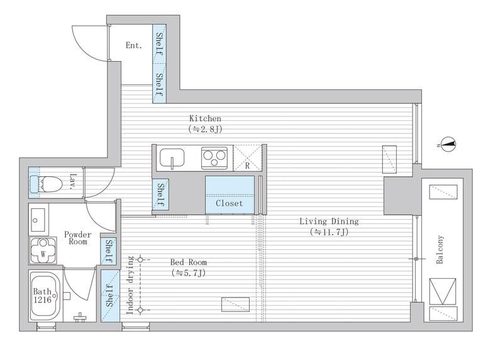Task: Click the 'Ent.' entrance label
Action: pyautogui.click(x=133, y=45)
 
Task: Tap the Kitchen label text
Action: pyautogui.click(x=205, y=118)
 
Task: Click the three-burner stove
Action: pyautogui.click(x=214, y=158)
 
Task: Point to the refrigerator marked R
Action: pyautogui.click(x=247, y=158)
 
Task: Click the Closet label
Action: pyautogui.click(x=229, y=203)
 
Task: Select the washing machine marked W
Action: pyautogui.click(x=43, y=250)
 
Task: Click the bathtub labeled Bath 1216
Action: pyautogui.click(x=45, y=296)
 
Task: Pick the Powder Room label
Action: pyautogui.click(x=77, y=238)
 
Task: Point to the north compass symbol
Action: pyautogui.click(x=448, y=144)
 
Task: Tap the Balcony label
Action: pyautogui.click(x=439, y=249)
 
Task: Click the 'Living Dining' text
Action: pyautogui.click(x=329, y=222)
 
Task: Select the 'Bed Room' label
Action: pyautogui.click(x=188, y=262)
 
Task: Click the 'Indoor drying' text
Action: pyautogui.click(x=130, y=285)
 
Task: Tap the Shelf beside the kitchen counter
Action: pyautogui.click(x=160, y=194)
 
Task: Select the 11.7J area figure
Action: pyautogui.click(x=329, y=232)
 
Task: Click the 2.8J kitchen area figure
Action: pyautogui.click(x=206, y=129)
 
